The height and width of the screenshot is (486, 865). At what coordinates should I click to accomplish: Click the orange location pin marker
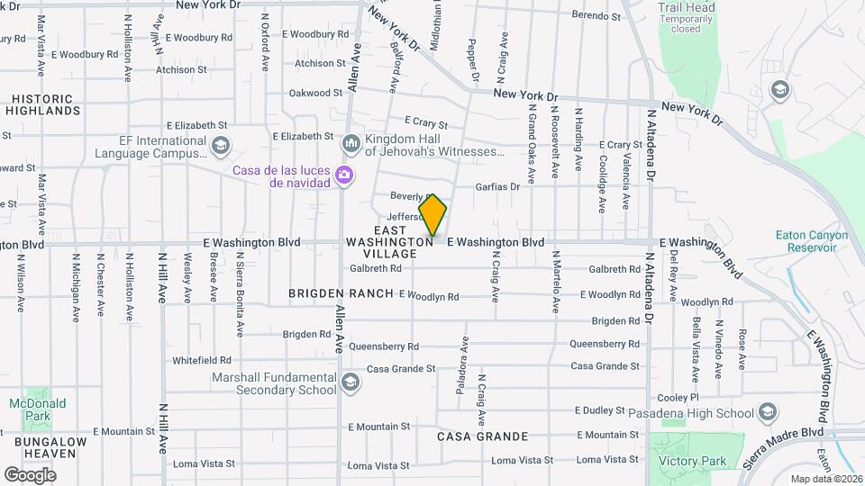click(x=432, y=215)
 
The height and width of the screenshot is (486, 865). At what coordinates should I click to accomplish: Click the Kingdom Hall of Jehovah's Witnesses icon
click(x=351, y=144)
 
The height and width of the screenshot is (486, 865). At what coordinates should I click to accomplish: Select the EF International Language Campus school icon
click(x=220, y=146)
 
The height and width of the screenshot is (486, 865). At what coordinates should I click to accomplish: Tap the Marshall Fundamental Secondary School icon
click(x=351, y=383)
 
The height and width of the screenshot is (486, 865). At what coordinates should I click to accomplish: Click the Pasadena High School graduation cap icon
click(x=767, y=413)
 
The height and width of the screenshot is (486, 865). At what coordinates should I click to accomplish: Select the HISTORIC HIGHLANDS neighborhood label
click(x=42, y=103)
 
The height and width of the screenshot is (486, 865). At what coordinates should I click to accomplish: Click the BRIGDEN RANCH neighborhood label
click(x=341, y=293)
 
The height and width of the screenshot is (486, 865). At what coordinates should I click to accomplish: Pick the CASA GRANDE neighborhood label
click(x=483, y=436)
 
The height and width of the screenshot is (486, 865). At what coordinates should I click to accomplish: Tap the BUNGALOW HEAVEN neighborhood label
click(x=50, y=448)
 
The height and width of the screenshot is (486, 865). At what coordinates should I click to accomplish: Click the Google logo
click(x=30, y=474)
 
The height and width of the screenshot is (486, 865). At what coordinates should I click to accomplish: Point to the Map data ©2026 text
click(x=825, y=479)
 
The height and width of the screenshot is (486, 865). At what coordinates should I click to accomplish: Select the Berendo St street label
click(x=596, y=16)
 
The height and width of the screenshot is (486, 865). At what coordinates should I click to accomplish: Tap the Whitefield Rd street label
click(x=203, y=360)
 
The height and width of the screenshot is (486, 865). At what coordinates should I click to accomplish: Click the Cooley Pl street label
click(x=678, y=397)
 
